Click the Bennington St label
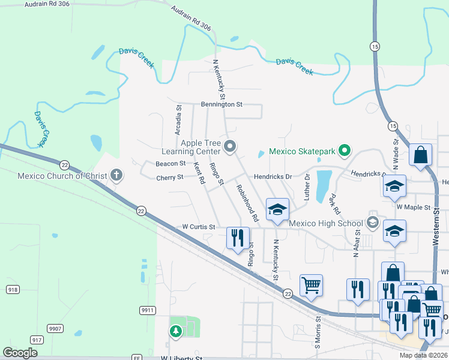pyautogui.click(x=221, y=104)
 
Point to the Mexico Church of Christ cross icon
pyautogui.click(x=116, y=176)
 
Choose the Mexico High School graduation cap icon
pyautogui.click(x=372, y=223)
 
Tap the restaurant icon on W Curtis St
pyautogui.click(x=237, y=238)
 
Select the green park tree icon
pyautogui.click(x=175, y=331)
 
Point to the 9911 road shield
pyautogui.click(x=148, y=310)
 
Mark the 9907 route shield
pyautogui.click(x=55, y=328)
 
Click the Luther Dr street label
pyautogui.click(x=308, y=186)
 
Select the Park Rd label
pyautogui.click(x=334, y=203)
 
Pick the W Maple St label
pyautogui.click(x=414, y=207)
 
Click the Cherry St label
pyautogui.click(x=169, y=178)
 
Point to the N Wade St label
pyautogui.click(x=396, y=151)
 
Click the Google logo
pyautogui.click(x=20, y=353)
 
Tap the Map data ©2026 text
pyautogui.click(x=423, y=356)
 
